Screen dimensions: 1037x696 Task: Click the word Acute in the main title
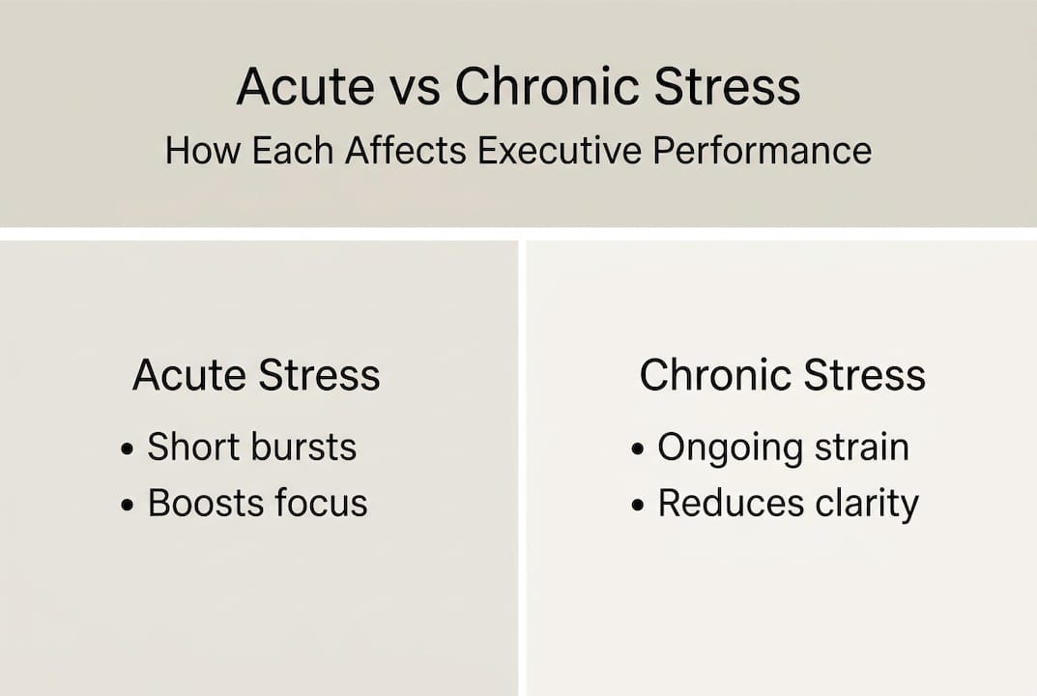[x=305, y=86]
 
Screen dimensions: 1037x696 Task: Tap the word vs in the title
[x=415, y=89]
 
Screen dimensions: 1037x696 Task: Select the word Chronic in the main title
[x=547, y=86]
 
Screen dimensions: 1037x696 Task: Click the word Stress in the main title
[x=728, y=86]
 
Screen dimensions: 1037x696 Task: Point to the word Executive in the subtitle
[x=560, y=150]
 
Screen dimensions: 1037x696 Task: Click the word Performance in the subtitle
[x=763, y=150]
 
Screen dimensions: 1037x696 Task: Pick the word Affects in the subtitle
[x=406, y=150]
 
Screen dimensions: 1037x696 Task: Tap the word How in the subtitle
[x=202, y=150]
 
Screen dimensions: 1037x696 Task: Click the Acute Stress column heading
[x=257, y=374]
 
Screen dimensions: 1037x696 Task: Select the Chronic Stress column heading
[x=783, y=374]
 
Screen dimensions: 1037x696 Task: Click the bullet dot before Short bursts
[x=128, y=449]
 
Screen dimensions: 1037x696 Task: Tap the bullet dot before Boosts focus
[x=128, y=506]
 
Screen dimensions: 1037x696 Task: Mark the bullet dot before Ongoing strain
[x=638, y=449]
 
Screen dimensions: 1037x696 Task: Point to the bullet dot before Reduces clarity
[x=638, y=506]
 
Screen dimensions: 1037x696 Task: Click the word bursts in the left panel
[x=304, y=447]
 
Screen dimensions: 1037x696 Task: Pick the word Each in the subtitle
[x=293, y=150]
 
